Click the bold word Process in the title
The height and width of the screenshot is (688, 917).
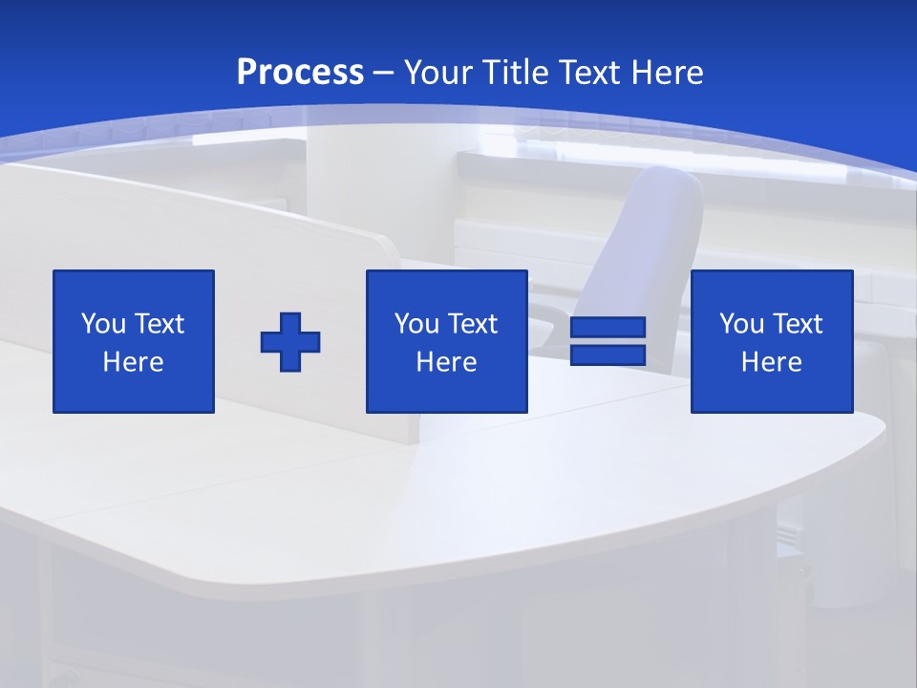tap(300, 73)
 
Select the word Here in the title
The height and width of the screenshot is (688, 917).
tap(668, 73)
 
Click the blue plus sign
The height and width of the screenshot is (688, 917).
tap(290, 342)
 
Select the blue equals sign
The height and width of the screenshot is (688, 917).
tap(608, 341)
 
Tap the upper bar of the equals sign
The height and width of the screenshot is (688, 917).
tap(608, 327)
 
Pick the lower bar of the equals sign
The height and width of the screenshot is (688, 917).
tap(608, 355)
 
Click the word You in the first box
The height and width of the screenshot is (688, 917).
tap(102, 324)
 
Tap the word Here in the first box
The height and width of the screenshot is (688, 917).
tap(134, 362)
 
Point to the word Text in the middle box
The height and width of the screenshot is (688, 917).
tap(473, 324)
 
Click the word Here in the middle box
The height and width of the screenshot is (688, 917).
tap(447, 362)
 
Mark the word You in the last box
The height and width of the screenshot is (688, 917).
tap(740, 324)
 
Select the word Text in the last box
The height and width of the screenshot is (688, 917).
tap(798, 324)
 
